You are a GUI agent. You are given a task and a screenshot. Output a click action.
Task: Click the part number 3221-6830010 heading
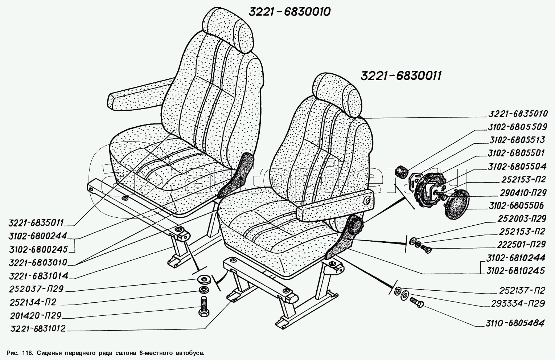[x=289, y=12]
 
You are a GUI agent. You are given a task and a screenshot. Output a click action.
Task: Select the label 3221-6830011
[x=400, y=76]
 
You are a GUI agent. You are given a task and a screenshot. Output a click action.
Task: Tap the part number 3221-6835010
[x=517, y=114]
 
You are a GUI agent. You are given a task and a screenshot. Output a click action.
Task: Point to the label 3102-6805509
[x=517, y=127]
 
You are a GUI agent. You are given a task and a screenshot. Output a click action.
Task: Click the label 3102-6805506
[x=517, y=206]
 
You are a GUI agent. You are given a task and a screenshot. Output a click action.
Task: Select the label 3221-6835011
[x=37, y=222]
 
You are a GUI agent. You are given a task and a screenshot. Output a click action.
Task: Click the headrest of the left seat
[x=228, y=29]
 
